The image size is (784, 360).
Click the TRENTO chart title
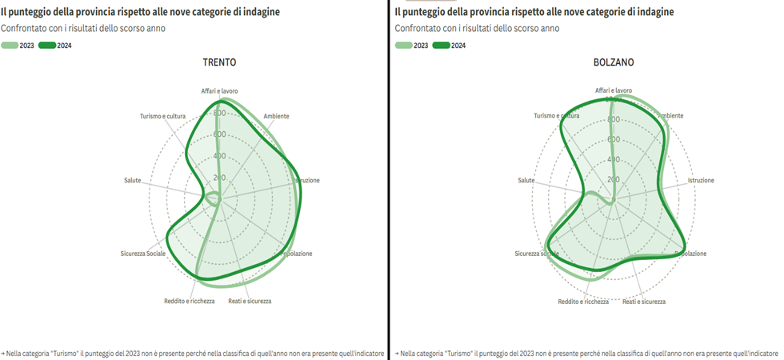[x=218, y=62]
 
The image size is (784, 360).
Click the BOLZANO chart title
[x=612, y=62]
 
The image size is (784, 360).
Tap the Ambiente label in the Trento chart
[x=276, y=116]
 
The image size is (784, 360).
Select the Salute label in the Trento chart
[x=132, y=180]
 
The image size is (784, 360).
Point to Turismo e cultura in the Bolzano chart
[x=557, y=116]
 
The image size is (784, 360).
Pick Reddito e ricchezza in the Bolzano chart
[x=583, y=302]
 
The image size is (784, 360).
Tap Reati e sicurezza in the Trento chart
[x=250, y=301]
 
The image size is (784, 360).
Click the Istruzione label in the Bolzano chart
[x=701, y=180]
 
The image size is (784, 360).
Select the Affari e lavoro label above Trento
[x=219, y=90]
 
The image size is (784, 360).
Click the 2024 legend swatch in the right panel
[x=441, y=46]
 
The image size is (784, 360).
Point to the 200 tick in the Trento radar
[x=219, y=178]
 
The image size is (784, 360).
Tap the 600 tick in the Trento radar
[x=219, y=134]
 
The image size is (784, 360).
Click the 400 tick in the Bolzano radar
[x=614, y=158]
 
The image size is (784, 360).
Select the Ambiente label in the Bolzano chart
[x=670, y=116]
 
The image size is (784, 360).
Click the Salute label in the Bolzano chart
[x=526, y=180]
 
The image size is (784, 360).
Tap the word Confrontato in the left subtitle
[x=24, y=28]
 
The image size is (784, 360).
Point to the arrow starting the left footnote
[x=3, y=353]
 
